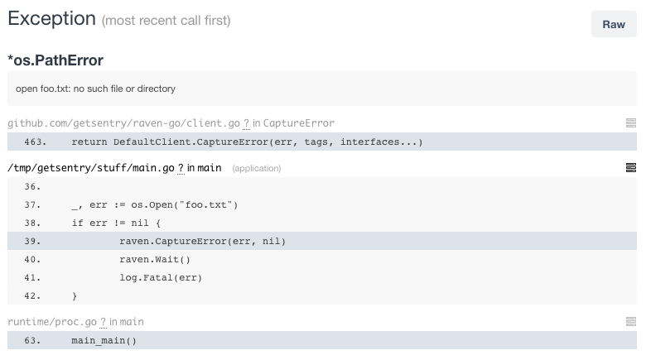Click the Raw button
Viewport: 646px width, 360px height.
614,24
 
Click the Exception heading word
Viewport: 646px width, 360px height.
51,19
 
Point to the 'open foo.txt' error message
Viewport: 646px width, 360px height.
95,89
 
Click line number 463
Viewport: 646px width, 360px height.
35,142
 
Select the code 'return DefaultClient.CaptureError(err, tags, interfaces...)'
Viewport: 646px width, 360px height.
247,142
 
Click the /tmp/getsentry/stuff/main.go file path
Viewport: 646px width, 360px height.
90,168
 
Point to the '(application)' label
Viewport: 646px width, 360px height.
257,169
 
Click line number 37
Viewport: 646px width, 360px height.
33,204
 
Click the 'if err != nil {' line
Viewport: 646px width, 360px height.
116,223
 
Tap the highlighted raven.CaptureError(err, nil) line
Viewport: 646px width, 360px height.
202,241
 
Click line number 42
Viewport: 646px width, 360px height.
33,295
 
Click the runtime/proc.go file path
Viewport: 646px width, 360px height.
52,321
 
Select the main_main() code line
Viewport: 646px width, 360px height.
104,340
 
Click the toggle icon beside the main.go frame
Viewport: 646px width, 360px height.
631,168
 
